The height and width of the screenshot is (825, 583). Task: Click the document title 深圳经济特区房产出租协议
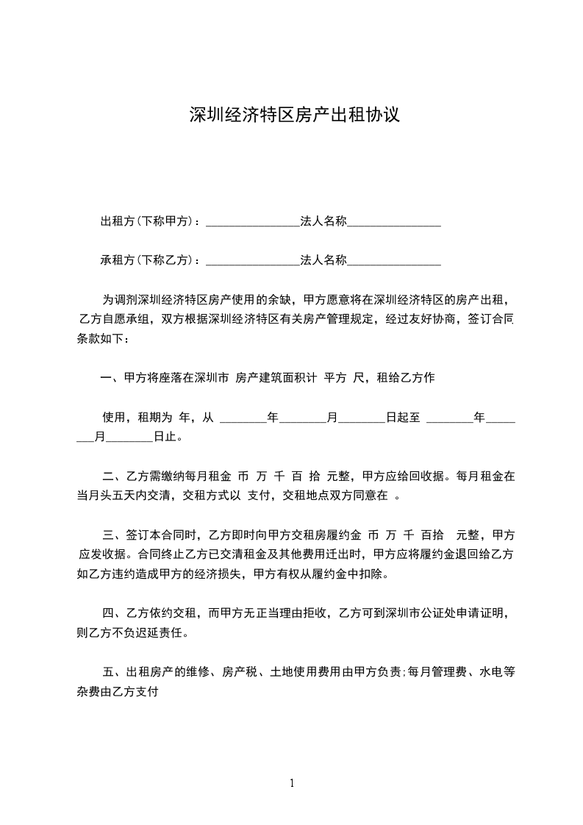click(x=294, y=115)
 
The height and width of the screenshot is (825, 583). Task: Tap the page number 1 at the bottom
click(x=292, y=783)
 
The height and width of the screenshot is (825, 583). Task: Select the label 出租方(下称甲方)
click(x=147, y=221)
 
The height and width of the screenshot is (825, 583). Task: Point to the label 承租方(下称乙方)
click(x=147, y=260)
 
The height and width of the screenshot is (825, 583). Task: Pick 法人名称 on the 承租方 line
click(x=323, y=260)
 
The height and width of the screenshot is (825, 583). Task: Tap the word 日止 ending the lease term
click(x=165, y=437)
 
